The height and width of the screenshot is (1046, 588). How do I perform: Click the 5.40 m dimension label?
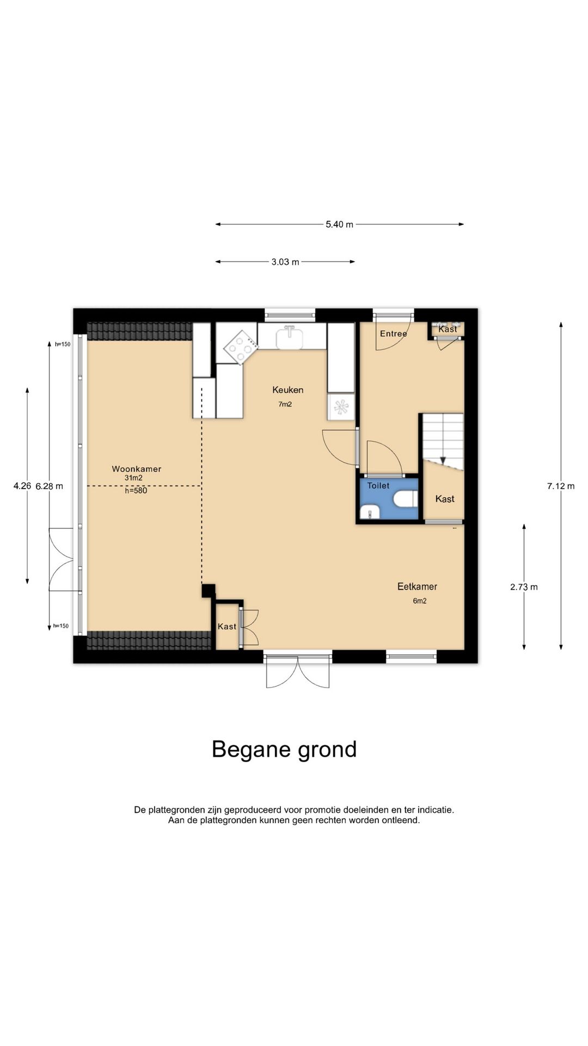coord(339,224)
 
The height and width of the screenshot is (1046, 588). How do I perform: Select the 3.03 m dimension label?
coord(285,261)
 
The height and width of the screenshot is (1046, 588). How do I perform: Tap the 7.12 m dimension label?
coord(561,486)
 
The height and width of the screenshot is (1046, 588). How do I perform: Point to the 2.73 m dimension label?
coord(524,587)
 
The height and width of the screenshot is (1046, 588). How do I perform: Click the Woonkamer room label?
coord(137,469)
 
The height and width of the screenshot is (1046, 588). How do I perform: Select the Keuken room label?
coord(288,390)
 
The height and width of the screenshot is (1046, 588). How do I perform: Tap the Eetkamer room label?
coord(417,586)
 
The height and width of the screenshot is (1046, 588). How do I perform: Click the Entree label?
coord(393,333)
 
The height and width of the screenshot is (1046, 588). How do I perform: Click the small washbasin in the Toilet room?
coord(370,512)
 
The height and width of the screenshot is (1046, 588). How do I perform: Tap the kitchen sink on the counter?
coord(291,338)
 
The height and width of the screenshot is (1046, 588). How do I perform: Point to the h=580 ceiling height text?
coord(136,490)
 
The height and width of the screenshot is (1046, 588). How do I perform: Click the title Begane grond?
coord(284,749)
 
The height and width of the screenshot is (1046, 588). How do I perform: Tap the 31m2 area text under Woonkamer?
coord(133,478)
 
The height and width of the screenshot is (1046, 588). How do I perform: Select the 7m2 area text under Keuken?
coord(285,404)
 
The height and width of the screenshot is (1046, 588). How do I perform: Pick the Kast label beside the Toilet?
coord(445,498)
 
